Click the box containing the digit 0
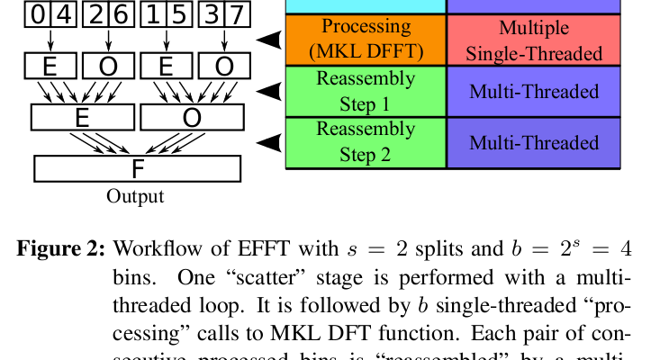[x=36, y=13]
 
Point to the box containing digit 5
[x=179, y=13]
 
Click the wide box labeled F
[x=137, y=169]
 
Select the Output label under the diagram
[x=136, y=196]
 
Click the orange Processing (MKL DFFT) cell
[x=366, y=40]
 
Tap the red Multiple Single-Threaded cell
[x=534, y=40]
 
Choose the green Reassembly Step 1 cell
[x=366, y=91]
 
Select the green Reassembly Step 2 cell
[x=366, y=141]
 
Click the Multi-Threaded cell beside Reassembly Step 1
[x=534, y=91]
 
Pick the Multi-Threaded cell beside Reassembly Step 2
[x=534, y=142]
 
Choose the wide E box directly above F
[x=82, y=117]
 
